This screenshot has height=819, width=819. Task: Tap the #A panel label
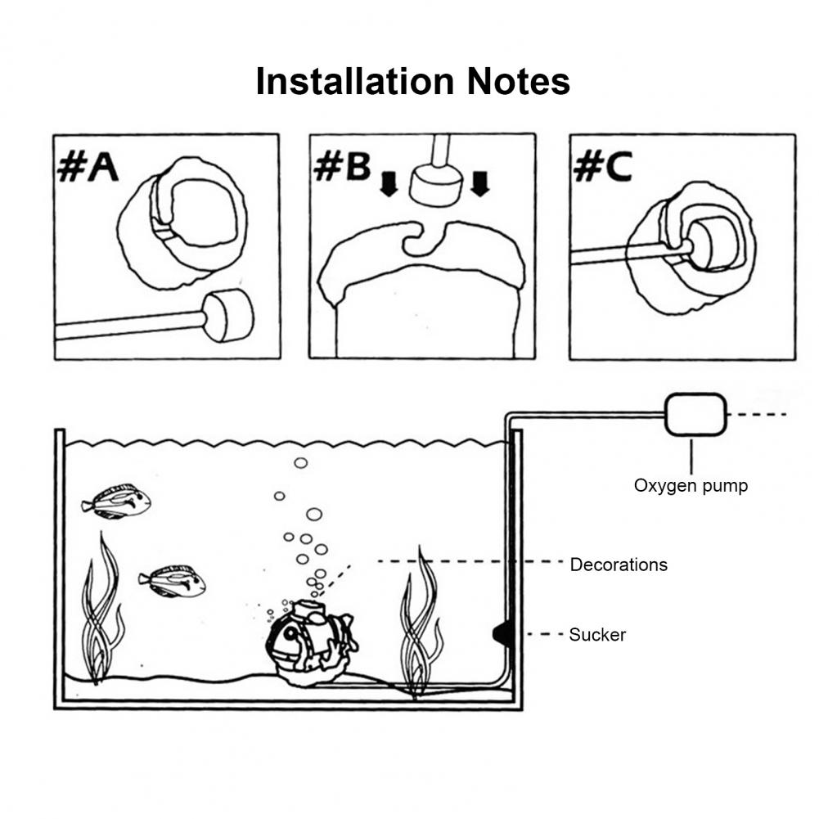tap(88, 168)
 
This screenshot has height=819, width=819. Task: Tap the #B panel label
tap(342, 167)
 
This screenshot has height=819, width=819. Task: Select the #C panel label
tap(602, 167)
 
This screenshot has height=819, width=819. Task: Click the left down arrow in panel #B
tap(389, 184)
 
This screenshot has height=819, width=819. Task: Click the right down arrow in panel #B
tap(479, 184)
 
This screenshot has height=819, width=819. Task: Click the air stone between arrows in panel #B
tap(434, 186)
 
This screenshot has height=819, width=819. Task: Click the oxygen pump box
tap(695, 415)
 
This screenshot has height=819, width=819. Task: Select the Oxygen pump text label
tap(691, 486)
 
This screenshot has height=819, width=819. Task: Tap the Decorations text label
tap(619, 565)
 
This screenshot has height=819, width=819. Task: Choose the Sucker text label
tap(597, 634)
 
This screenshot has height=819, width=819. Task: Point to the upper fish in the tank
tap(117, 502)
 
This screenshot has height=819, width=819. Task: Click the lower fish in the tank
tap(173, 581)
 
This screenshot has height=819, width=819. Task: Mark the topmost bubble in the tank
tap(300, 463)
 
